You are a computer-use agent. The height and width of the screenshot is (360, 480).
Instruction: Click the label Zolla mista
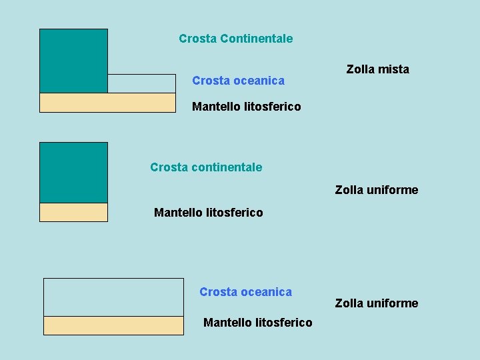click(x=377, y=69)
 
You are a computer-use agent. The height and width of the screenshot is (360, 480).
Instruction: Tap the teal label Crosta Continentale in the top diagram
click(x=235, y=39)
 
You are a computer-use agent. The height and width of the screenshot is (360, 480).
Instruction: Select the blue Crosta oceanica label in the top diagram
click(x=238, y=81)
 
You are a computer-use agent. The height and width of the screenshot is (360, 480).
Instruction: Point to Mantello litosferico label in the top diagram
click(x=246, y=107)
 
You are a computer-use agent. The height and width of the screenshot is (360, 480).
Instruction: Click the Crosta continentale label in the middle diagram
click(x=206, y=167)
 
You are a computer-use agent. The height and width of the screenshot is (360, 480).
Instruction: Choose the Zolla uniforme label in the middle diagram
click(x=376, y=190)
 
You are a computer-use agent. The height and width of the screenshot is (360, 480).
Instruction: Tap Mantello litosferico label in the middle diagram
click(x=208, y=213)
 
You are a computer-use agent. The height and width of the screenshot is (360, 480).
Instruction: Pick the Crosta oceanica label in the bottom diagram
click(x=245, y=292)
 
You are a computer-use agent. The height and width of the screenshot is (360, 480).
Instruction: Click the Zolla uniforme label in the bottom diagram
click(x=376, y=303)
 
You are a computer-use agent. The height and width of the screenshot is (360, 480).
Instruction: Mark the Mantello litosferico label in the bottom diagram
click(x=257, y=323)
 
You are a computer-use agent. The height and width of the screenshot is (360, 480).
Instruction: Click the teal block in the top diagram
click(x=73, y=61)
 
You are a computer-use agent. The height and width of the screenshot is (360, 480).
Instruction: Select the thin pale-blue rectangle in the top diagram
click(x=141, y=83)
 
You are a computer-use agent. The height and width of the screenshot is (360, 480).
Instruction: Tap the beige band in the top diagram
click(x=107, y=103)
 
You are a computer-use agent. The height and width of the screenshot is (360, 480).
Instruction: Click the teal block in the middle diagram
click(x=73, y=172)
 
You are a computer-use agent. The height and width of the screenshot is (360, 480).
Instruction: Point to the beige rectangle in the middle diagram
click(x=73, y=212)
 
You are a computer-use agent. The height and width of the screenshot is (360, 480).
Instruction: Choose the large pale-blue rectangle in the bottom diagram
click(x=113, y=297)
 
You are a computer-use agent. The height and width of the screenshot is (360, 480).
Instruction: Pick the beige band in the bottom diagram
click(x=113, y=325)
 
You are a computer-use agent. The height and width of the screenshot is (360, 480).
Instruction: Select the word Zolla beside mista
click(x=361, y=69)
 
